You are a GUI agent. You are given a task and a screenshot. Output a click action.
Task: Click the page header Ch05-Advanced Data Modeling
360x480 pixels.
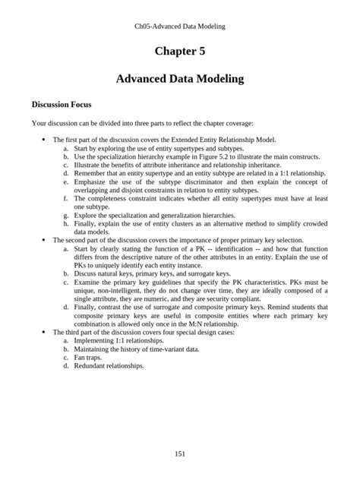pyautogui.click(x=180, y=26)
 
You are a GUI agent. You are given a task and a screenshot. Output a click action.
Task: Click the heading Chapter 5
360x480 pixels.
pyautogui.click(x=180, y=51)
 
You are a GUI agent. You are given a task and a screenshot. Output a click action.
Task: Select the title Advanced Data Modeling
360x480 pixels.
pyautogui.click(x=180, y=78)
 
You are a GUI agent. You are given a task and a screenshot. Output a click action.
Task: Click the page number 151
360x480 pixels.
pyautogui.click(x=180, y=453)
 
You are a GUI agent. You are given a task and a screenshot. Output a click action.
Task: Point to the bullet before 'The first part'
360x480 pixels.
pyautogui.click(x=44, y=140)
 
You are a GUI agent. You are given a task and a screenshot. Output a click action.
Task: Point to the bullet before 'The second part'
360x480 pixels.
pyautogui.click(x=44, y=239)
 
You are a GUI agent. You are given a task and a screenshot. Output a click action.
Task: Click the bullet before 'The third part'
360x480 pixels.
pyautogui.click(x=44, y=332)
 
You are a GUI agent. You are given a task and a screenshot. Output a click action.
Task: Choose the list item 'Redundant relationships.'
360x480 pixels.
pyautogui.click(x=109, y=365)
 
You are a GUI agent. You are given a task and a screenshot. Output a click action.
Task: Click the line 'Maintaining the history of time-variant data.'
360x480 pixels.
pyautogui.click(x=137, y=349)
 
